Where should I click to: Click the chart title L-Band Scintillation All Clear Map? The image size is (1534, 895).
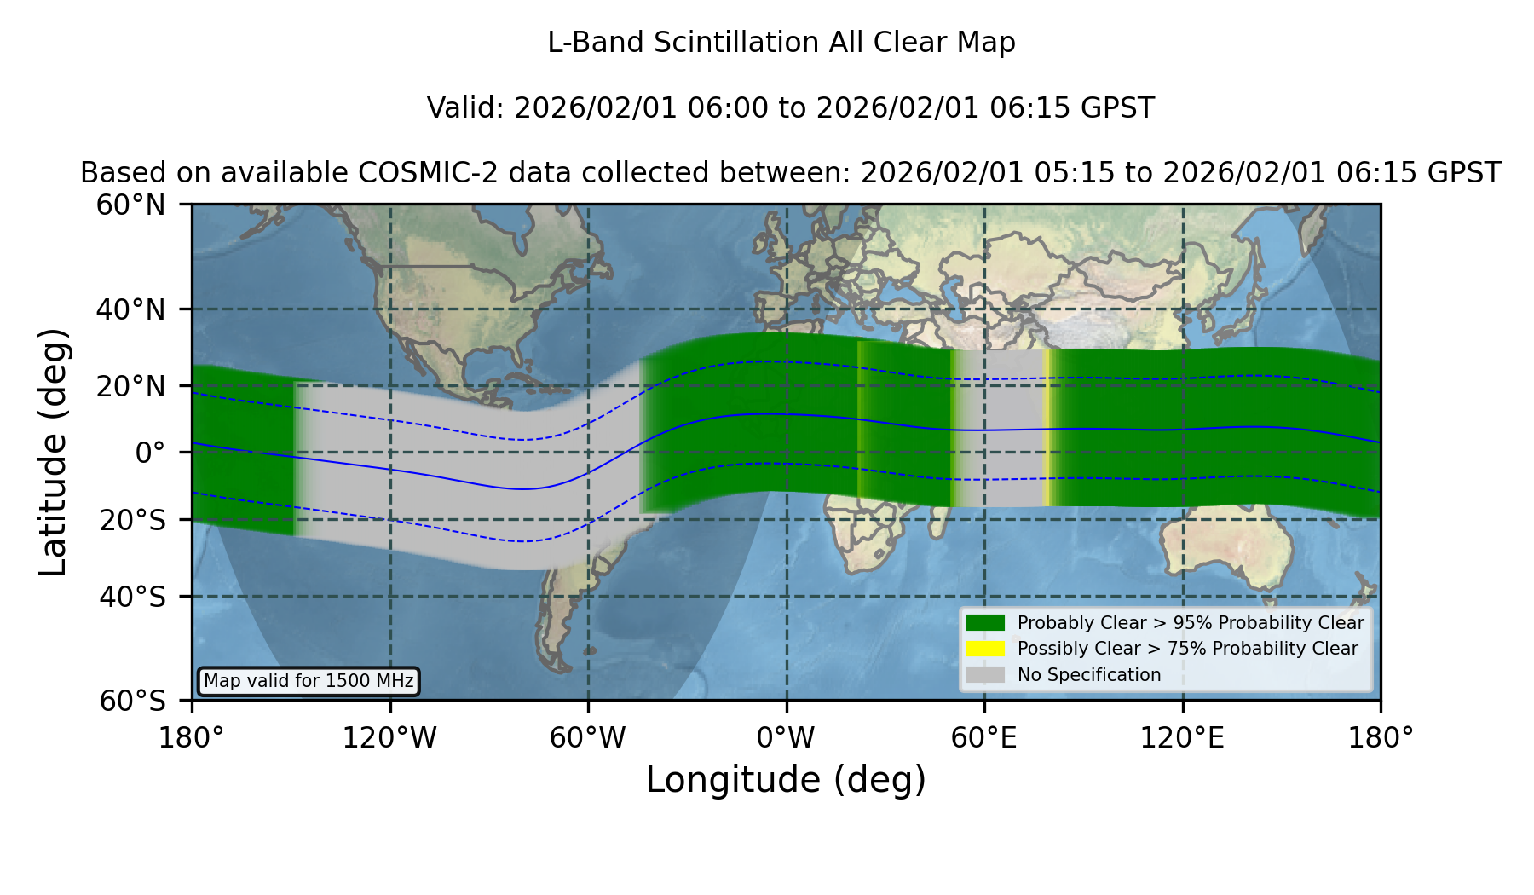click(x=781, y=43)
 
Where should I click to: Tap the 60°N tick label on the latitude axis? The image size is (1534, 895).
click(x=130, y=205)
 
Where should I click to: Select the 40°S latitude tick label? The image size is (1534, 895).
click(x=132, y=597)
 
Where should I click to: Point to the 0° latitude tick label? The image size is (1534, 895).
click(x=150, y=453)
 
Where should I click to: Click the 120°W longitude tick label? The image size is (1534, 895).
click(x=389, y=738)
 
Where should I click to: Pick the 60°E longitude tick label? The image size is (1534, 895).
click(x=984, y=738)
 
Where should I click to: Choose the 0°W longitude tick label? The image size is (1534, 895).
click(x=787, y=738)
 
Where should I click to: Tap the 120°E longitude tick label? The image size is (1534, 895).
click(x=1183, y=738)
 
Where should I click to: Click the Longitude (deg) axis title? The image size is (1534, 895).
click(x=786, y=780)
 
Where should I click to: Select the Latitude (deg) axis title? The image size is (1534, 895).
click(x=53, y=452)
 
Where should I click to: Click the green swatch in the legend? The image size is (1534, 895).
click(x=986, y=622)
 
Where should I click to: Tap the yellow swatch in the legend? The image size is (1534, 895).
click(x=986, y=649)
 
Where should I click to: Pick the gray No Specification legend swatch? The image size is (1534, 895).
click(x=986, y=675)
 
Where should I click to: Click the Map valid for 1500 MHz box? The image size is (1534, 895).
click(x=309, y=681)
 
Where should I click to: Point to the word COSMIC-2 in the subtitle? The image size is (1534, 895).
click(x=409, y=173)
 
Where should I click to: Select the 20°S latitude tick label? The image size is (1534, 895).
click(x=132, y=519)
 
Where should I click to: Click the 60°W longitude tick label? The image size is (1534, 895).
click(x=588, y=738)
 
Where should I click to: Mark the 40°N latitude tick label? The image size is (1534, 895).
click(x=130, y=309)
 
